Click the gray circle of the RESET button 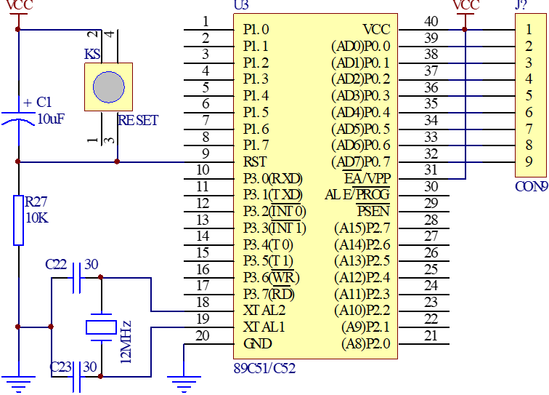point(109,87)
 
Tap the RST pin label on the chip point(255,161)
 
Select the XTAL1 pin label point(264,327)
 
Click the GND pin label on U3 point(258,343)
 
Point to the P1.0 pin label point(256,30)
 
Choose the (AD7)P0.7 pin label point(360,161)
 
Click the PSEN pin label point(373,211)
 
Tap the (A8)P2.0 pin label point(366,343)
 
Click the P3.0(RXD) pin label point(272,178)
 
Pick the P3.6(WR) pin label point(271,277)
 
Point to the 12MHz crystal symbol point(101,327)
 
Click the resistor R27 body point(18,220)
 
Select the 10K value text point(37,218)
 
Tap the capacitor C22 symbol point(76,277)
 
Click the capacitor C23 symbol point(76,377)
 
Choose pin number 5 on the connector point(529,95)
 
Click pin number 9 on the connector point(529,161)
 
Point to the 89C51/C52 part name point(264,368)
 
